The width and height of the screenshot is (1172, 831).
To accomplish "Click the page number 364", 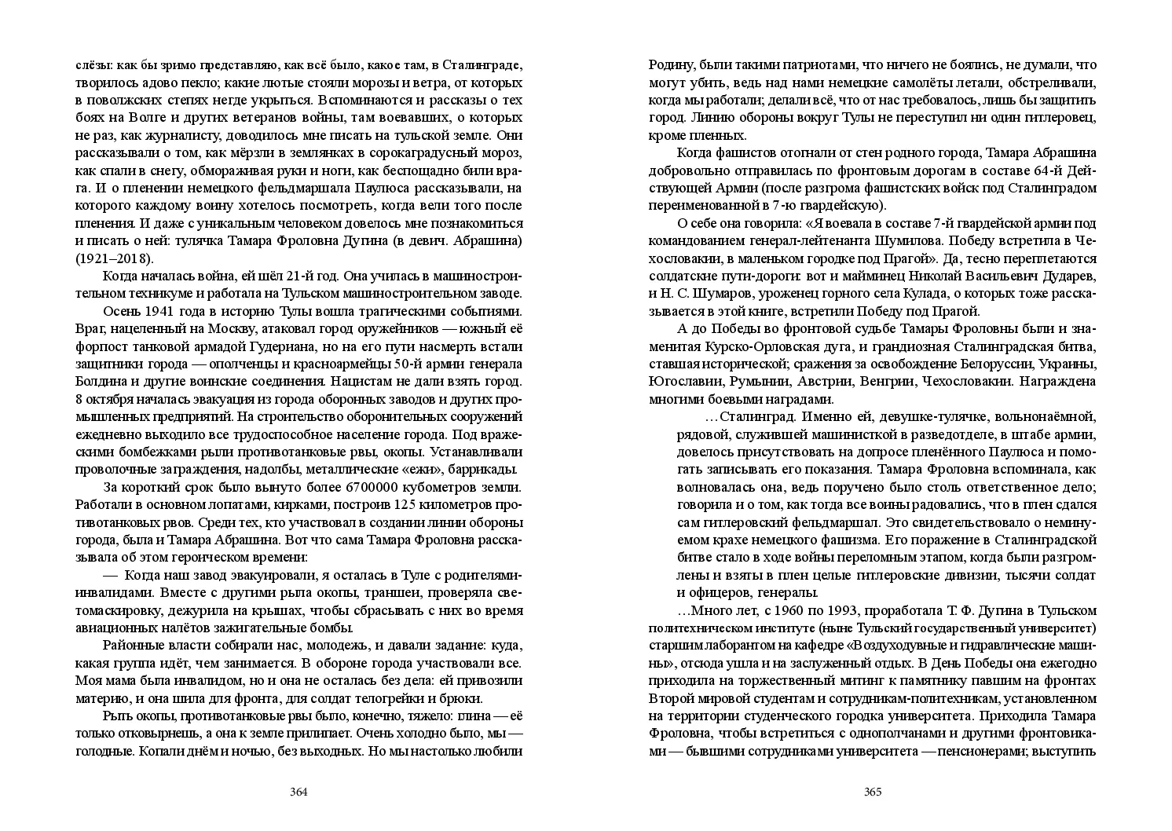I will tap(298, 792).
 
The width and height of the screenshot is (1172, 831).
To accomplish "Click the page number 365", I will tap(873, 792).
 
